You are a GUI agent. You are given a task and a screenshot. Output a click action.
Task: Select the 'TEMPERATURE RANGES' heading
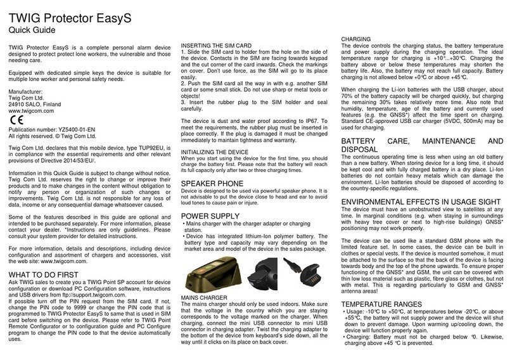tap(385, 304)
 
